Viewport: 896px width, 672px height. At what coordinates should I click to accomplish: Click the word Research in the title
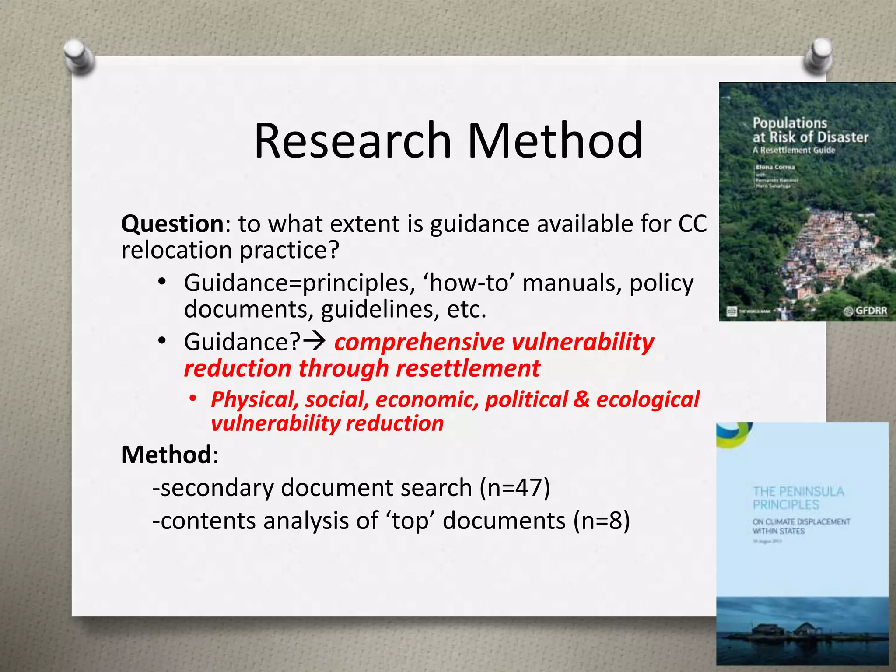[353, 141]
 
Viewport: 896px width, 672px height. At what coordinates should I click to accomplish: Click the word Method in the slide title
[555, 141]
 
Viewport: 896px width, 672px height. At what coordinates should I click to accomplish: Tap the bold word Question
[173, 224]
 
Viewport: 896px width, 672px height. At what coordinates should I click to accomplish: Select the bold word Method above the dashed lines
[167, 455]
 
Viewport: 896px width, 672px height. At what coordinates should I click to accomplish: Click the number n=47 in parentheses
[515, 488]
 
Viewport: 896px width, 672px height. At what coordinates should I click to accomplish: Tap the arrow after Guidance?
[314, 341]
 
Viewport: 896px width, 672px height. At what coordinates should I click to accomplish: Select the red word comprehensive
[420, 342]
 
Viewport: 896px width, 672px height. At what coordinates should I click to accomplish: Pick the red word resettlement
[468, 368]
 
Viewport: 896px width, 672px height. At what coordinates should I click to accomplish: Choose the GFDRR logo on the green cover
[866, 311]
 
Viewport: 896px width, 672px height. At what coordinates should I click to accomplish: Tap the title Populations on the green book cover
[790, 123]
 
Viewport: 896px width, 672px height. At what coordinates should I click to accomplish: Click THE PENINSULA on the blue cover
[798, 492]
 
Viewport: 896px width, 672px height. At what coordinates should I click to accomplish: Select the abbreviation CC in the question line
[692, 224]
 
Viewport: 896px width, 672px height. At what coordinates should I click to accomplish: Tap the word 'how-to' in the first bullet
[468, 283]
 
